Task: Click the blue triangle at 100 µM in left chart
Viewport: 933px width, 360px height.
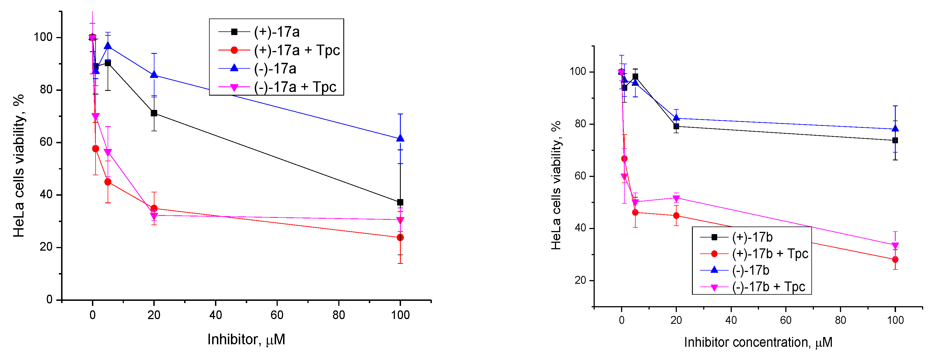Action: pyautogui.click(x=400, y=138)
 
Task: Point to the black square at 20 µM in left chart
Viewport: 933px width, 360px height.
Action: pyautogui.click(x=154, y=113)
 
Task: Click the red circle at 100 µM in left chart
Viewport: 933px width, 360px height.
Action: pyautogui.click(x=400, y=237)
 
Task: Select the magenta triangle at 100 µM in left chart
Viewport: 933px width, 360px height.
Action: pyautogui.click(x=400, y=220)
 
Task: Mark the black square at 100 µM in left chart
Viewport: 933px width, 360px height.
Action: pyautogui.click(x=400, y=202)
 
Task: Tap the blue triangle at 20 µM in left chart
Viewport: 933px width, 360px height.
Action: pyautogui.click(x=154, y=75)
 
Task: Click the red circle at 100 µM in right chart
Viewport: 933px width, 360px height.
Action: pyautogui.click(x=895, y=260)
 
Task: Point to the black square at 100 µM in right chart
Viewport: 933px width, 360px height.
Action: pyautogui.click(x=895, y=140)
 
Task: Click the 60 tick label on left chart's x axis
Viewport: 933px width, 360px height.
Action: pyautogui.click(x=277, y=315)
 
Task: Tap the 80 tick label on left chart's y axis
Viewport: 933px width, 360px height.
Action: pyautogui.click(x=46, y=89)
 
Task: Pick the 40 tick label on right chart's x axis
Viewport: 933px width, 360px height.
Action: pyautogui.click(x=731, y=320)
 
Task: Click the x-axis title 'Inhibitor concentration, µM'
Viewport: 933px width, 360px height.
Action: pyautogui.click(x=758, y=342)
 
